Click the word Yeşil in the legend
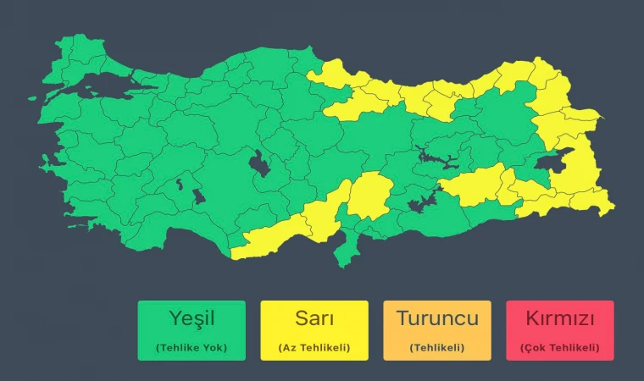[191, 319]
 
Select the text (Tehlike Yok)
[191, 347]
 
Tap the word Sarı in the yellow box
[314, 319]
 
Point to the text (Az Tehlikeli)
[314, 347]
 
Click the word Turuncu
[436, 319]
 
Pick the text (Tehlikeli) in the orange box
[436, 347]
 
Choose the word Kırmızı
[559, 319]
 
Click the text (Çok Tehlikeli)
[559, 347]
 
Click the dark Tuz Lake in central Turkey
[258, 163]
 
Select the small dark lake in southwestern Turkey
[199, 196]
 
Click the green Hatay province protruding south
[346, 250]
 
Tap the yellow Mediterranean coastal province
[271, 237]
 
